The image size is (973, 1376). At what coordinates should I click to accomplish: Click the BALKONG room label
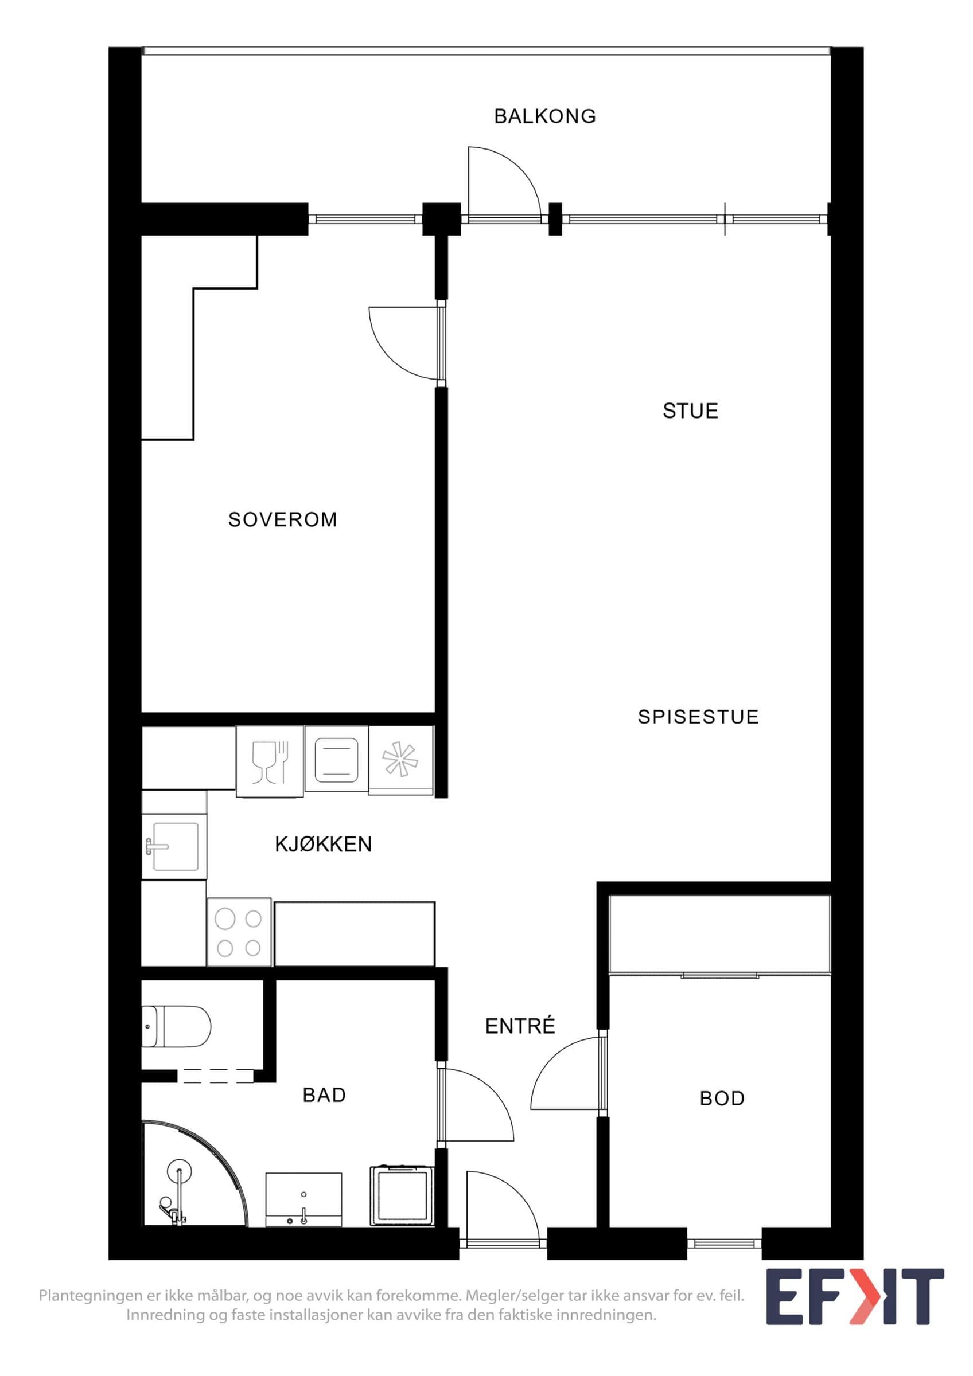coord(545,116)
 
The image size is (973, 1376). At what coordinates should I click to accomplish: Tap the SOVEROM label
coord(283,519)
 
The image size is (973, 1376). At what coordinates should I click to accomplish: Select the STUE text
coord(690,411)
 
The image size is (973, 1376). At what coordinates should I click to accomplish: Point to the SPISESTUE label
coord(698,717)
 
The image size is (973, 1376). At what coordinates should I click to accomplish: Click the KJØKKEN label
coord(324,844)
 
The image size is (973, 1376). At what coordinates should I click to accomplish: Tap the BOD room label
coord(722,1099)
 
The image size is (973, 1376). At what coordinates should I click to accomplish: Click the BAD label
coord(324,1095)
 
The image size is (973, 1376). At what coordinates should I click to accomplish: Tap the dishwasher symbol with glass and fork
coord(270,762)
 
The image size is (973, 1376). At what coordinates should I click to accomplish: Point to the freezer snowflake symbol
coord(400,760)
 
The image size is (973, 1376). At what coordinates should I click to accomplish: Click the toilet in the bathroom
coord(176,1026)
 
